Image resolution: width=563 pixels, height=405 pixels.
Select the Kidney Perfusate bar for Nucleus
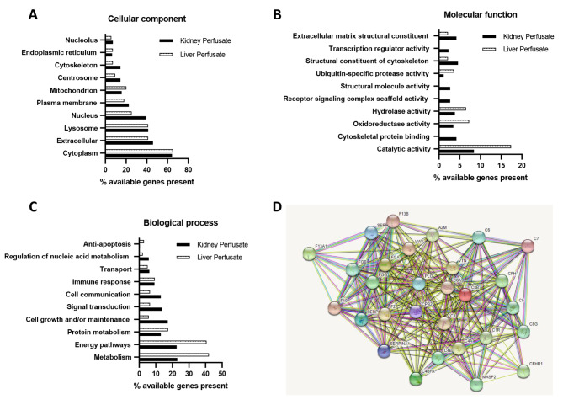tap(125, 117)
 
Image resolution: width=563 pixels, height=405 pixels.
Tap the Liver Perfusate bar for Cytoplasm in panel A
tap(139, 151)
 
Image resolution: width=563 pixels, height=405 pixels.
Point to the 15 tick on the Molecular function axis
tap(502, 166)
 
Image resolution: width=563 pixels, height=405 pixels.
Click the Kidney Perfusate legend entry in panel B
tap(517, 36)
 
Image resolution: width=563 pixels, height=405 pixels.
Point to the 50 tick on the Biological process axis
tap(222, 372)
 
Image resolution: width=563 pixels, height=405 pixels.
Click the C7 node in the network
tap(528, 245)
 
